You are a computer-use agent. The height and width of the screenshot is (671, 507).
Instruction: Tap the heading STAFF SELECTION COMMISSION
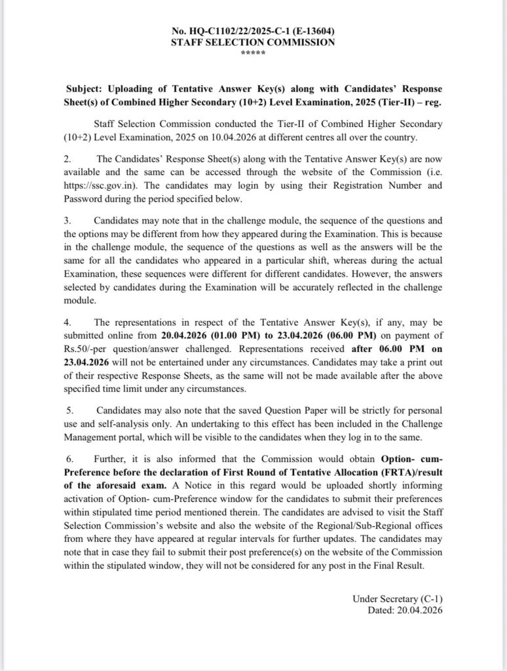coord(254,42)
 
